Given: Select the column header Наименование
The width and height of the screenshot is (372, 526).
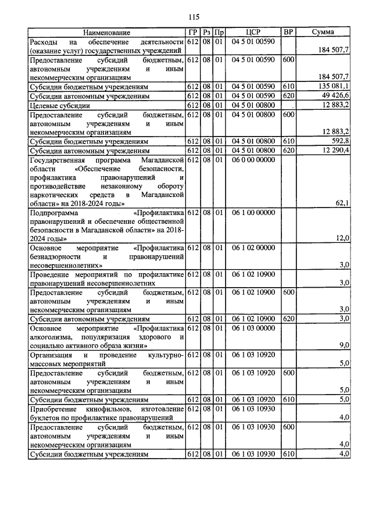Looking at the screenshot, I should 106,33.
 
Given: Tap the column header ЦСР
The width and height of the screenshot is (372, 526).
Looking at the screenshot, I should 252,33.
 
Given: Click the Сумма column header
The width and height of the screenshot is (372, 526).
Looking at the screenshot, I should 322,33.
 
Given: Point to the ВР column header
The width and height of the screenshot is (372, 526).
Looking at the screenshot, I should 287,33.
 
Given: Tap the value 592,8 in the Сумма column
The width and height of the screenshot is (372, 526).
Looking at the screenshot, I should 339,141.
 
